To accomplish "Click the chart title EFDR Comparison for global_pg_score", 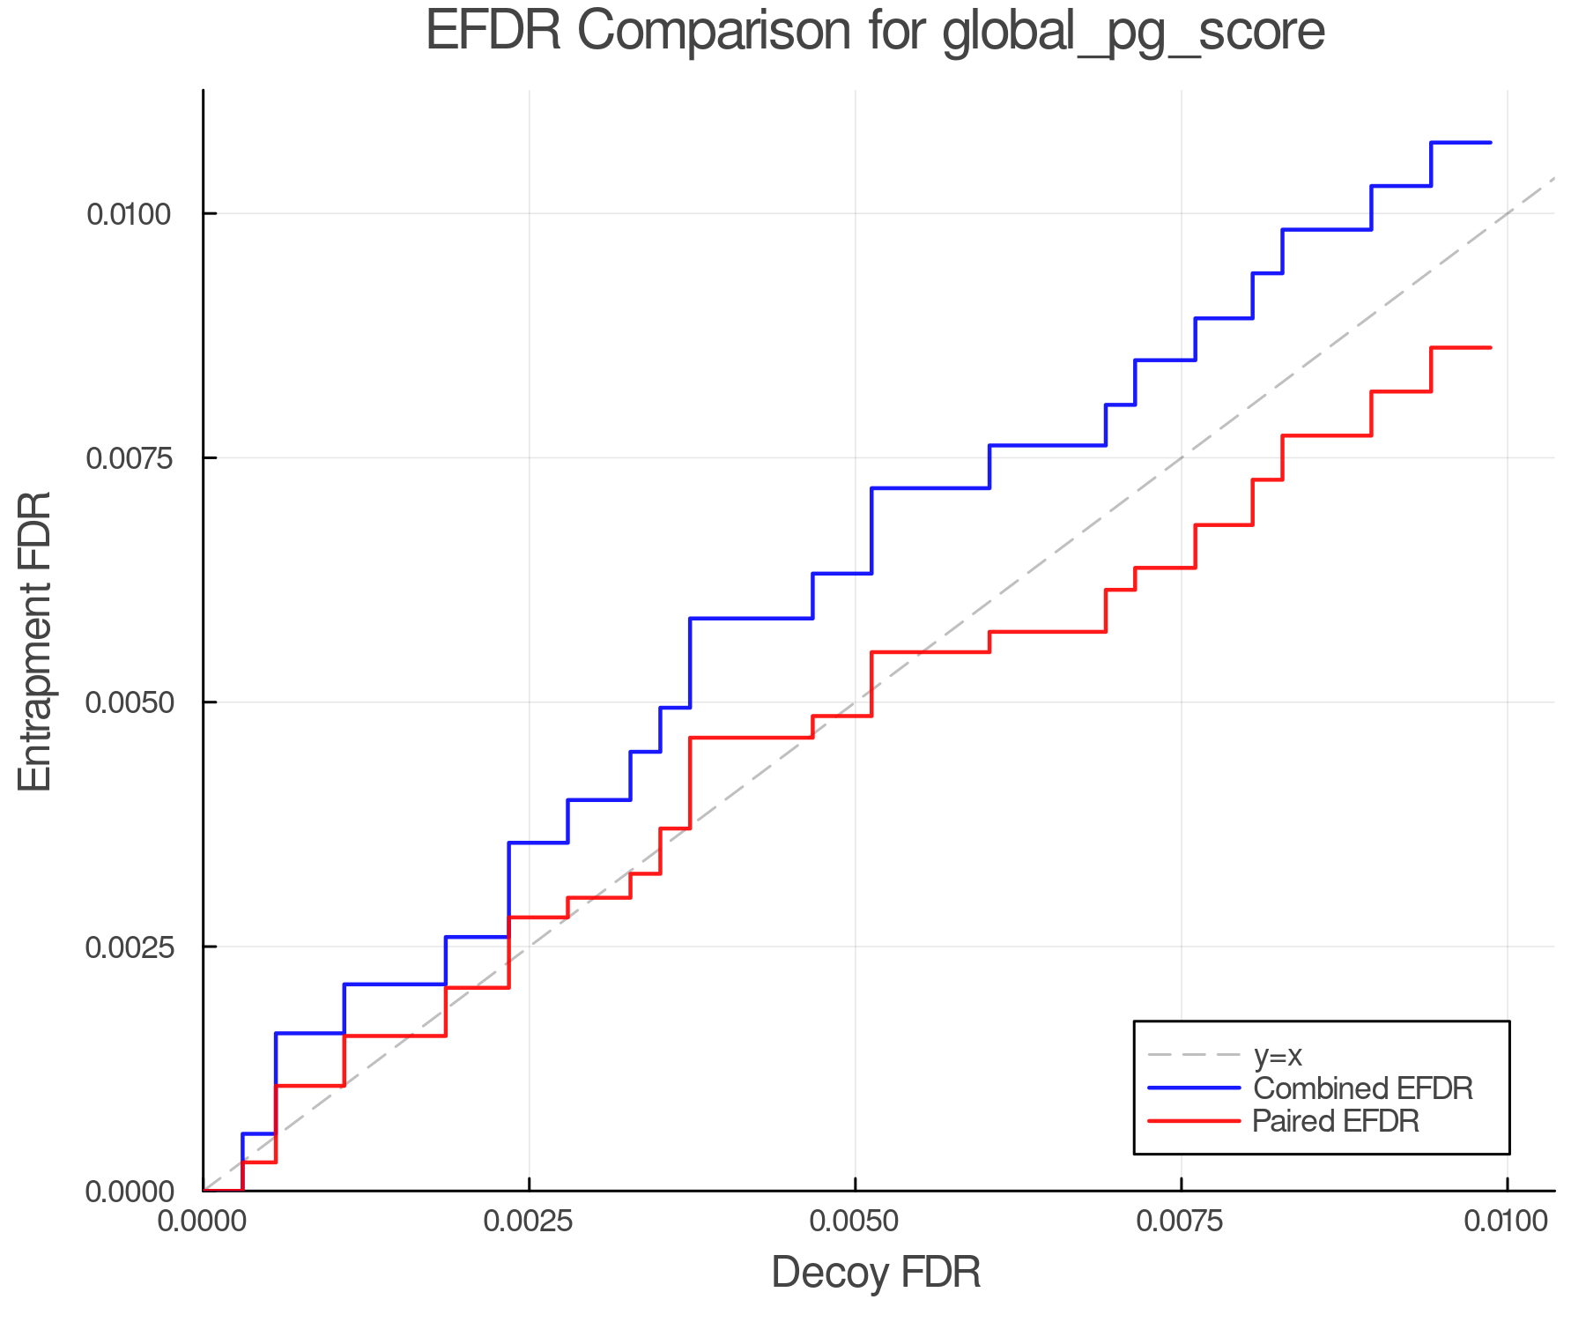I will [x=875, y=32].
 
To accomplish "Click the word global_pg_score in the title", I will [x=1133, y=33].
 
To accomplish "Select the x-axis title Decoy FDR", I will [x=876, y=1273].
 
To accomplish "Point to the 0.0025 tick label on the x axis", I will [x=529, y=1222].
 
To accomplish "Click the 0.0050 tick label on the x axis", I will [x=855, y=1222].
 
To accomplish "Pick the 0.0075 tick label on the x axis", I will [x=1181, y=1222].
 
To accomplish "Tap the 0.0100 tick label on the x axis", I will [x=1507, y=1222].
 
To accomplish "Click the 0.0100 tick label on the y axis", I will [x=130, y=213].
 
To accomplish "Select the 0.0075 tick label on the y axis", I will [x=130, y=457].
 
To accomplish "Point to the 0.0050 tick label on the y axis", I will [x=130, y=702].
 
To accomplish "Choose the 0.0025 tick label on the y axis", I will [x=130, y=947].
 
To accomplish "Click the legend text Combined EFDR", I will [x=1362, y=1088].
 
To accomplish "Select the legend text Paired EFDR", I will [x=1336, y=1121].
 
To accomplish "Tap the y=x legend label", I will [x=1278, y=1055].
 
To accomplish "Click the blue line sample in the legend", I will [x=1195, y=1088].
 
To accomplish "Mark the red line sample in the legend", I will [x=1195, y=1121].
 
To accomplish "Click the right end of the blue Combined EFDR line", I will [x=1490, y=142].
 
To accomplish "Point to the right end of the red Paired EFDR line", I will [x=1490, y=348].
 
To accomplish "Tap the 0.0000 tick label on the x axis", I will [x=203, y=1222].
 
